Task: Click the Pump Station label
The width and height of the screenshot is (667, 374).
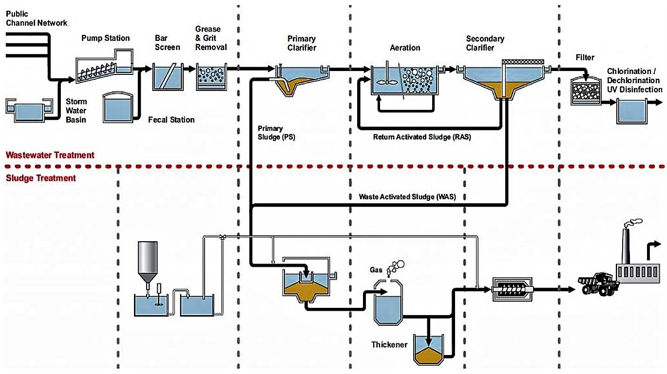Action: [x=105, y=38]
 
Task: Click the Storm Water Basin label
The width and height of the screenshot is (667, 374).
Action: [x=76, y=110]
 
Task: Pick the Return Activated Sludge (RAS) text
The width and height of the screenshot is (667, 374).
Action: [x=422, y=137]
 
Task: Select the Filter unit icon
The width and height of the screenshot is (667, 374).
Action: [x=585, y=89]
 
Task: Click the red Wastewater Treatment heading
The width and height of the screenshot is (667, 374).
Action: [x=50, y=155]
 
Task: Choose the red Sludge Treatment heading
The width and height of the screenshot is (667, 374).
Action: [x=41, y=178]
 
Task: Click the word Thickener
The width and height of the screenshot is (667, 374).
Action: [x=389, y=344]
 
